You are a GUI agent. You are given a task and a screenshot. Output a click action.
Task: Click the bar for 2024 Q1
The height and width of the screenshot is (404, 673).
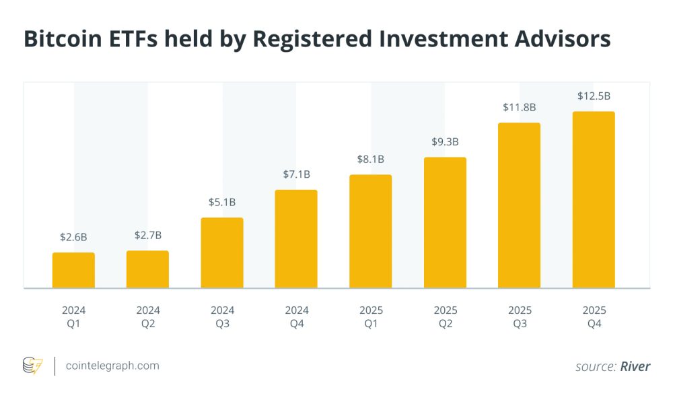point(73,270)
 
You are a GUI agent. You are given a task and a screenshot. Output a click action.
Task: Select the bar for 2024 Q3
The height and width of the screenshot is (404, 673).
point(222,252)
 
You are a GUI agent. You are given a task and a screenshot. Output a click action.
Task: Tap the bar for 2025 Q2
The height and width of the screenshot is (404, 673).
point(445,222)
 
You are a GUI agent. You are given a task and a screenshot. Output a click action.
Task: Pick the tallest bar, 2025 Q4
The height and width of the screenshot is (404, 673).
point(594,199)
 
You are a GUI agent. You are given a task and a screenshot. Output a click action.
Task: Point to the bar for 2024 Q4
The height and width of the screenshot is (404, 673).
point(296,238)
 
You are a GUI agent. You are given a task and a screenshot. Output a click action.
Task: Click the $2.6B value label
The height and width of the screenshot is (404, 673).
point(73,237)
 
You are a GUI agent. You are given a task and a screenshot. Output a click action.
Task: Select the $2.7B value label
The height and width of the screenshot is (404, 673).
point(147,235)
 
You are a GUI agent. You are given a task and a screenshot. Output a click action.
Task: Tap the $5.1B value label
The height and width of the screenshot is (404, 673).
point(222,202)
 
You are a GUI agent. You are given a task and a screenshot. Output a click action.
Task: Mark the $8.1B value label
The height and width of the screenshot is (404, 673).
point(370,160)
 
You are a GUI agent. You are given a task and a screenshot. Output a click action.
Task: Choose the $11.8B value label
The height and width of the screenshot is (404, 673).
point(519,107)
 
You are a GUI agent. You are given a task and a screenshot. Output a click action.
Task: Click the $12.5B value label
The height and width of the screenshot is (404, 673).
point(594,96)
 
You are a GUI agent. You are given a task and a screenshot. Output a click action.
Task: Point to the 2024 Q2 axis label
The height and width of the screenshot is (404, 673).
point(147,316)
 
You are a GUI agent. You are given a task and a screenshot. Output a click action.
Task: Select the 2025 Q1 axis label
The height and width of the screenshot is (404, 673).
point(370,316)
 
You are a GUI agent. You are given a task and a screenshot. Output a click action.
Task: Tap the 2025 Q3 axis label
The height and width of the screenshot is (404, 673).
point(519,316)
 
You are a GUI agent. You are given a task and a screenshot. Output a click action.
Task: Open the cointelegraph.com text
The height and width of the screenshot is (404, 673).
point(112,366)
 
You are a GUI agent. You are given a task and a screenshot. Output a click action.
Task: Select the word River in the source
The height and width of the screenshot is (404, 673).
point(635,366)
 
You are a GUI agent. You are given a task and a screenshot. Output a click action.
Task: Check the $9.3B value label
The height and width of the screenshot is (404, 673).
point(445,142)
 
